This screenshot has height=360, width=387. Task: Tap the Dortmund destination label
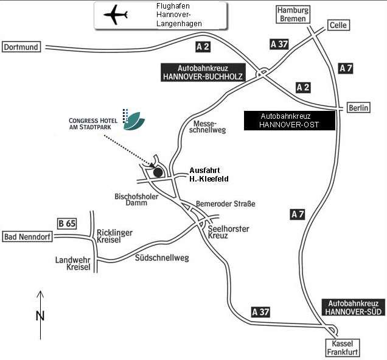(x=21, y=46)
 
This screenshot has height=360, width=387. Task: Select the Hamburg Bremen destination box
(x=293, y=15)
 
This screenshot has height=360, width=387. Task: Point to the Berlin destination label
(x=359, y=108)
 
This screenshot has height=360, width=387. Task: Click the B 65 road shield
(x=67, y=224)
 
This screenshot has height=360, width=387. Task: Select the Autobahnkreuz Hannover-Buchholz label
(x=203, y=72)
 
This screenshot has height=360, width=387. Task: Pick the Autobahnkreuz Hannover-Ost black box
(x=289, y=120)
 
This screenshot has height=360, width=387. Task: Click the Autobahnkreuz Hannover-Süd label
(x=353, y=307)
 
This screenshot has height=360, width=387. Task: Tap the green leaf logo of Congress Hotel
(x=134, y=121)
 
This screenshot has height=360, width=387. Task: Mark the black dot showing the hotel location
(x=158, y=172)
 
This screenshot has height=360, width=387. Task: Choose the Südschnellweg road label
(x=161, y=258)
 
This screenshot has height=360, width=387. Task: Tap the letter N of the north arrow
(x=40, y=316)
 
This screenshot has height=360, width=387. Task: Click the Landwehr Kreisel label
(x=72, y=263)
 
